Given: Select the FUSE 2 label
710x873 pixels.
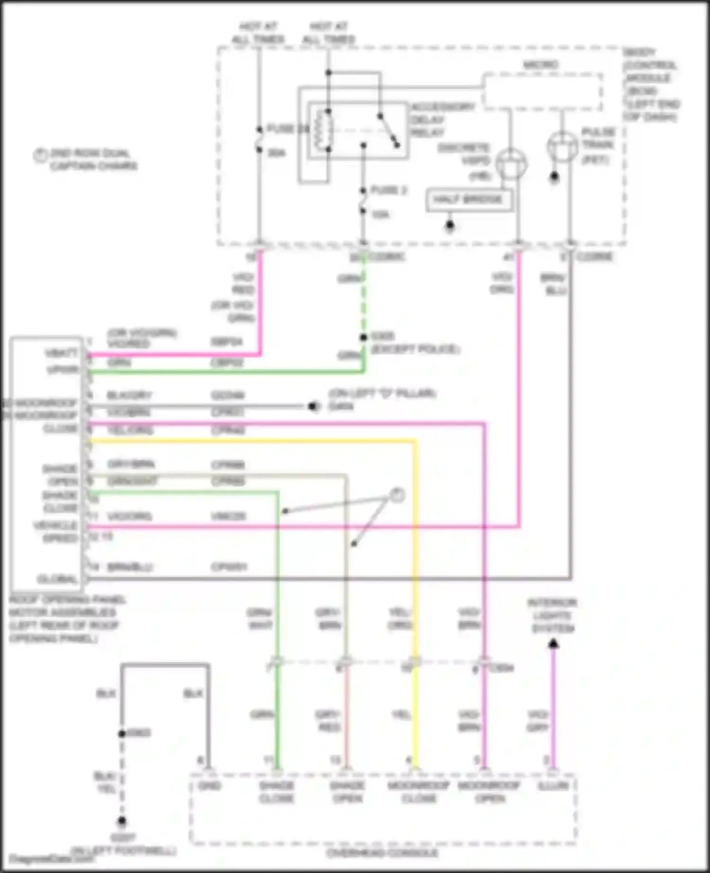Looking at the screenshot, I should pyautogui.click(x=388, y=190).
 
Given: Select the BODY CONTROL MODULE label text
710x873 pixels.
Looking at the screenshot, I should pyautogui.click(x=650, y=84).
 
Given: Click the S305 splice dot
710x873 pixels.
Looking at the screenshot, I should pyautogui.click(x=363, y=337).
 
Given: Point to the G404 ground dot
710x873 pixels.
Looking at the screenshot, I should pyautogui.click(x=313, y=406).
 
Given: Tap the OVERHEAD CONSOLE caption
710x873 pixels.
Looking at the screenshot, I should pyautogui.click(x=382, y=853).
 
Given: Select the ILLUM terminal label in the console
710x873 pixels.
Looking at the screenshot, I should pyautogui.click(x=552, y=786).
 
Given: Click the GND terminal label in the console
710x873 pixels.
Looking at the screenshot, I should pyautogui.click(x=209, y=786).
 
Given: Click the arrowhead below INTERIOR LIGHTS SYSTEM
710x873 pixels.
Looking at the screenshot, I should pyautogui.click(x=553, y=644).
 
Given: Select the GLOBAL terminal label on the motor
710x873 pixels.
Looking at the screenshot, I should pyautogui.click(x=57, y=579).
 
